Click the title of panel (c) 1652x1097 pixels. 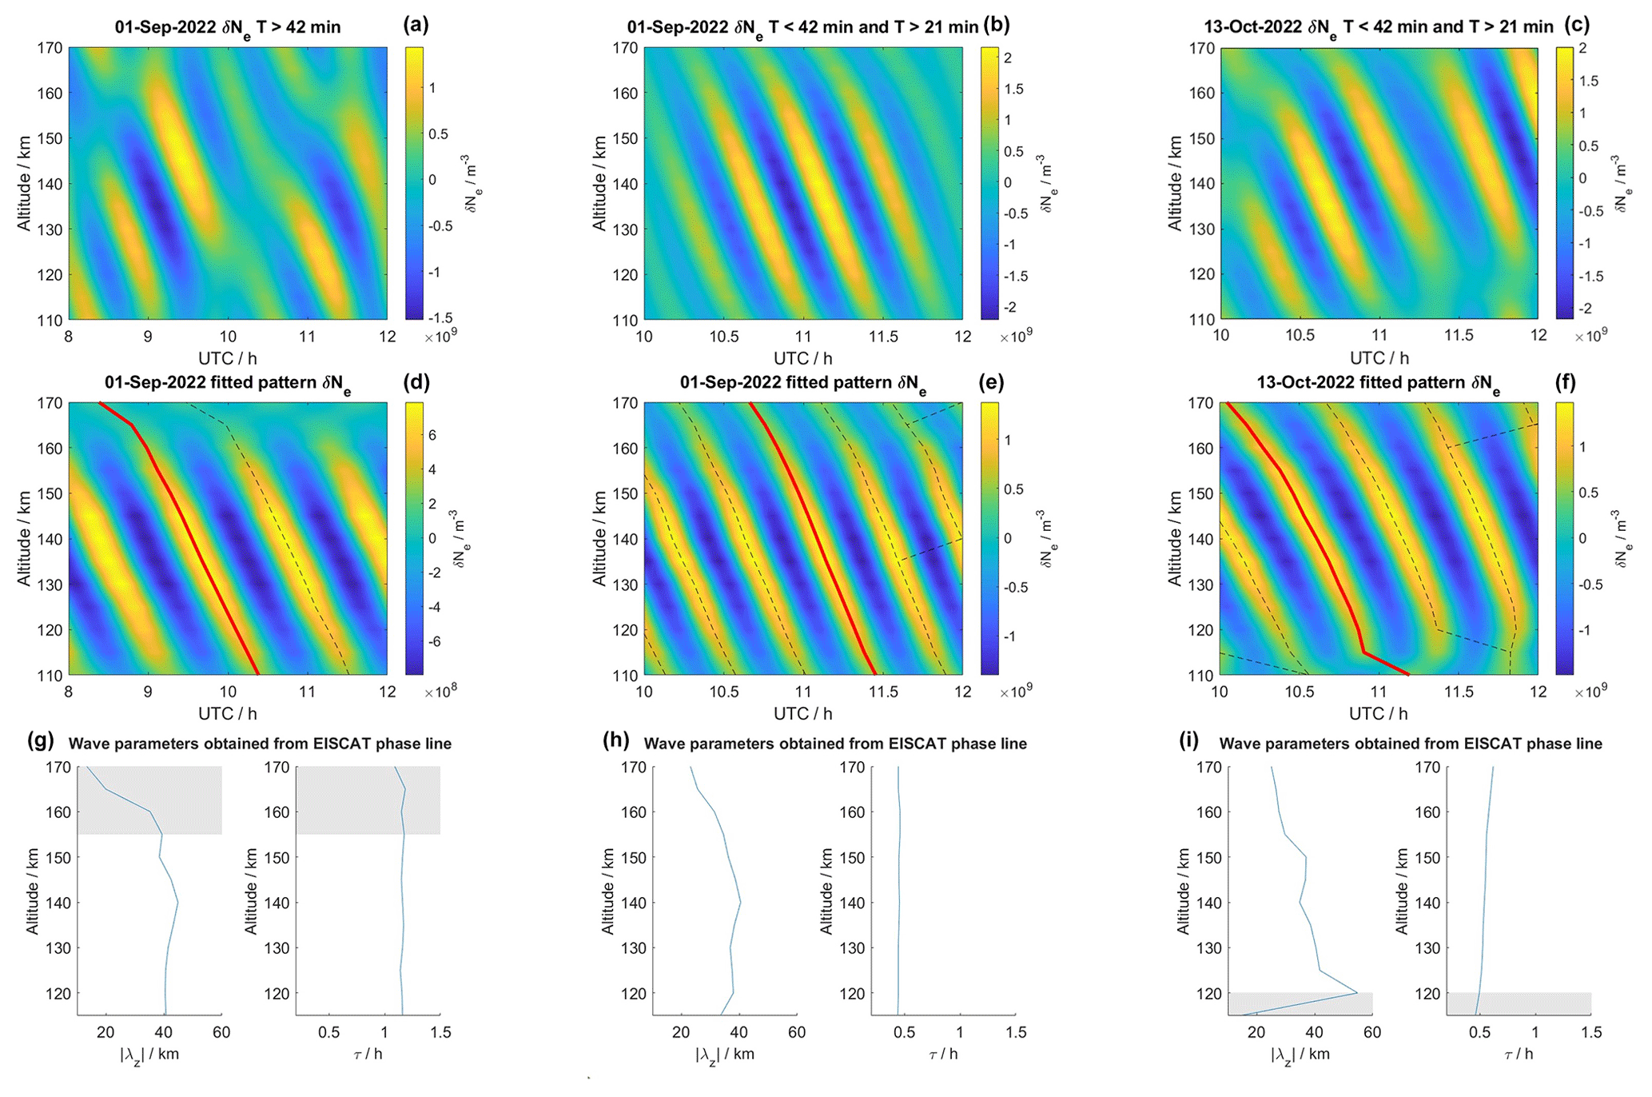click(x=1379, y=27)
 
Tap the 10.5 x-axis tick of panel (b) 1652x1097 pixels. click(x=724, y=337)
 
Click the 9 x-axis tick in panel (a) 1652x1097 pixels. click(x=148, y=337)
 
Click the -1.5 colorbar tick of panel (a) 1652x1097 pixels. click(x=441, y=317)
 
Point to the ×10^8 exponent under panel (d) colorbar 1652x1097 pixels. click(x=440, y=691)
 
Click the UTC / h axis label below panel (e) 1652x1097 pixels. click(x=802, y=713)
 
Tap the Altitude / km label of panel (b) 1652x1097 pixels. click(x=599, y=183)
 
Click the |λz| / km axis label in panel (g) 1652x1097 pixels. click(x=149, y=1054)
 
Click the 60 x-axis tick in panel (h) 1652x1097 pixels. click(x=797, y=1032)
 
